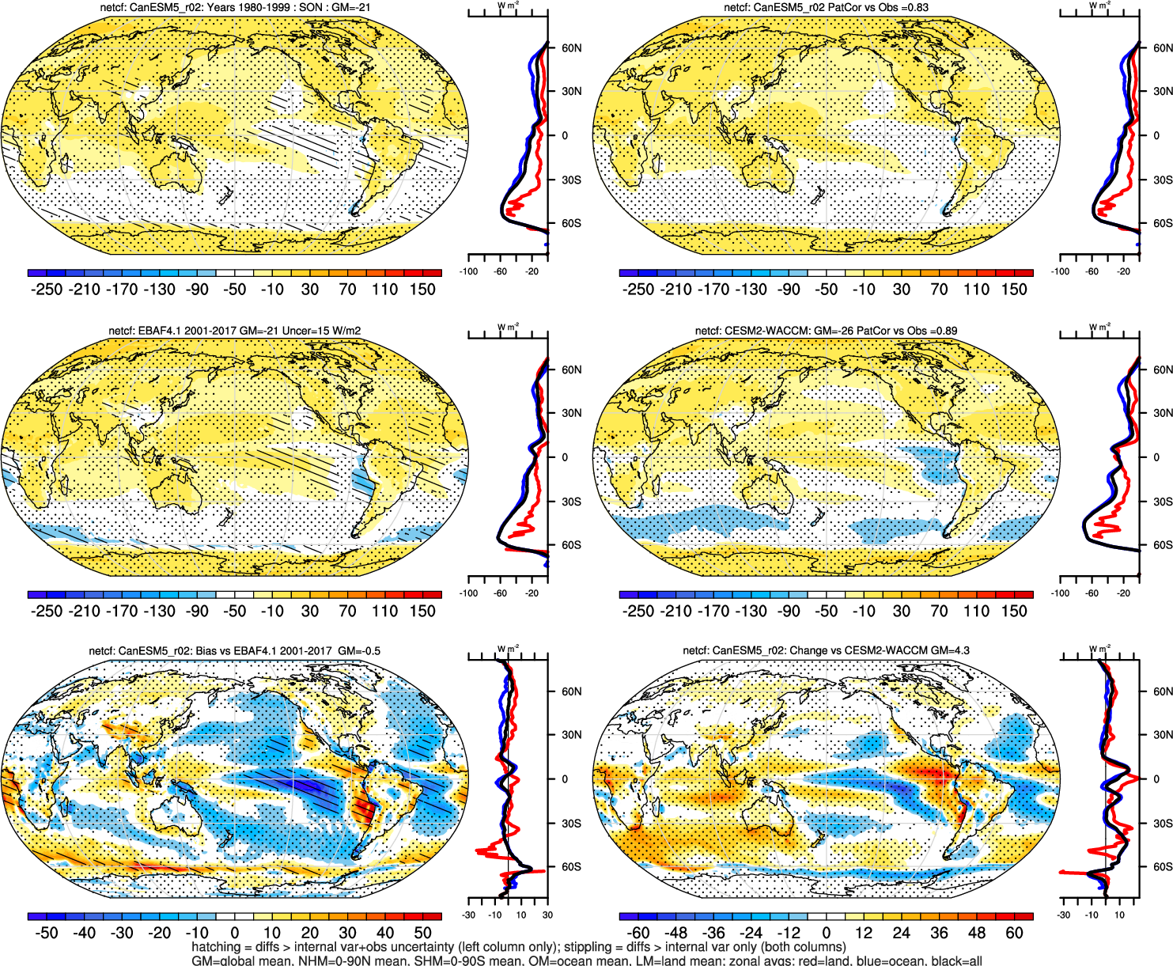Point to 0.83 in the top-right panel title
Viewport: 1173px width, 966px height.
pos(918,8)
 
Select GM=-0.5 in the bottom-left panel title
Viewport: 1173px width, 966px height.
pos(359,651)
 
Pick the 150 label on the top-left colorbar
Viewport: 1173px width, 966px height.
pos(422,290)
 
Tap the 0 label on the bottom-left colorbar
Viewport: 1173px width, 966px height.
pos(234,933)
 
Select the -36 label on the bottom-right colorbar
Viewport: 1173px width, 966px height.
pos(713,933)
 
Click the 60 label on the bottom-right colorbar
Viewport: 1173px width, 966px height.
pos(1014,933)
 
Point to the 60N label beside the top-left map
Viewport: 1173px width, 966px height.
pos(571,47)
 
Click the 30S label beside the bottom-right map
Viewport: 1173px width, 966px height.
pos(1163,824)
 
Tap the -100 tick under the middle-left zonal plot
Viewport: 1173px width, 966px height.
pos(468,593)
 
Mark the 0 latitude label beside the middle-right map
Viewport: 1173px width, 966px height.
pos(1156,457)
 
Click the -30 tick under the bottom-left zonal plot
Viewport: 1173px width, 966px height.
pos(468,915)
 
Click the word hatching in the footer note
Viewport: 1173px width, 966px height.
pos(215,947)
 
